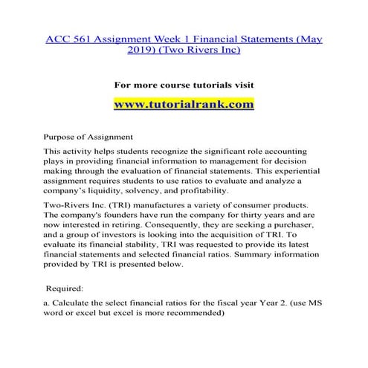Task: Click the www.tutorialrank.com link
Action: tap(184, 103)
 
